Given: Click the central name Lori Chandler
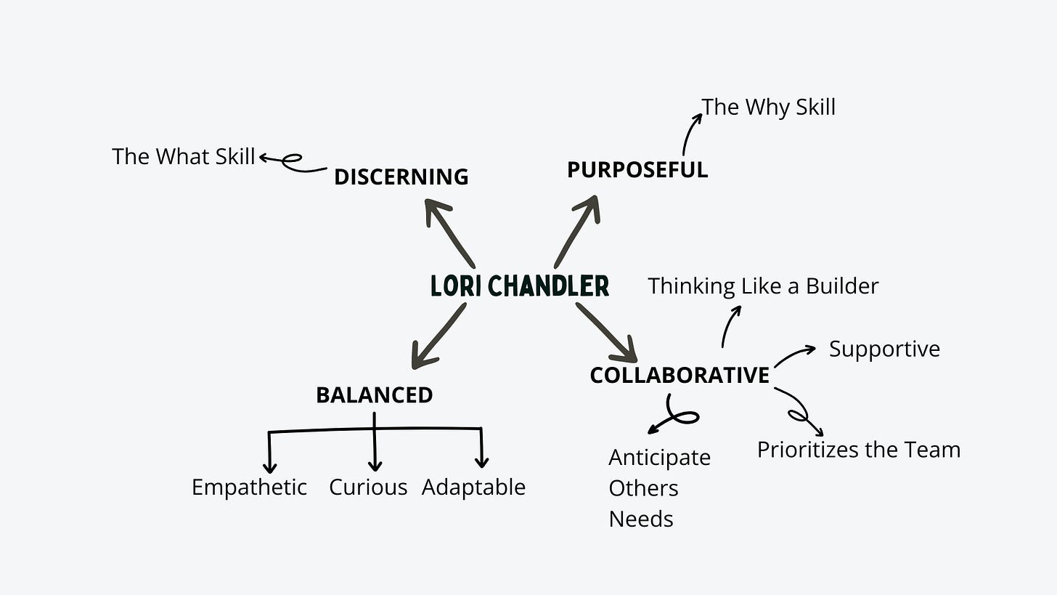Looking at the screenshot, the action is (x=520, y=286).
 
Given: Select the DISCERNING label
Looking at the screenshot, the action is (x=401, y=177).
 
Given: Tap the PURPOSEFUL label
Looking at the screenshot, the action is (x=637, y=170).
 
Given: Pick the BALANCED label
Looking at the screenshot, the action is (x=374, y=395).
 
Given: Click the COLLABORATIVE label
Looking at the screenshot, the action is (x=679, y=376).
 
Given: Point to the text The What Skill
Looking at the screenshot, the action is (x=183, y=156).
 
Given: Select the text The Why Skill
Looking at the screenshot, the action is (x=768, y=107).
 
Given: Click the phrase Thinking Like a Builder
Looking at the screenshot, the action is (x=762, y=286).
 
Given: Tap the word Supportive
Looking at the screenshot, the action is (x=884, y=349).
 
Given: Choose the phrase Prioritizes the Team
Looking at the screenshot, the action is (x=858, y=450).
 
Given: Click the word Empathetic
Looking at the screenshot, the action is (x=249, y=487).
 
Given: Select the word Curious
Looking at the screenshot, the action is (x=368, y=487).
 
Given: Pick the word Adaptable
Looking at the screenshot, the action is (x=473, y=487).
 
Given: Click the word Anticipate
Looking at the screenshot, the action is (x=659, y=458).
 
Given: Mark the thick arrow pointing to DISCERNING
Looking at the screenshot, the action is (x=450, y=232).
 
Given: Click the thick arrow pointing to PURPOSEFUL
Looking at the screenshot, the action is (x=577, y=231).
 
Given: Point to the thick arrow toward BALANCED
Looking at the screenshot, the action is (x=437, y=336).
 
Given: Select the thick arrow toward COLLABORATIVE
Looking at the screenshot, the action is (x=606, y=332).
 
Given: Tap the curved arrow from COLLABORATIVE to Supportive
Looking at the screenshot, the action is (x=794, y=355).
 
